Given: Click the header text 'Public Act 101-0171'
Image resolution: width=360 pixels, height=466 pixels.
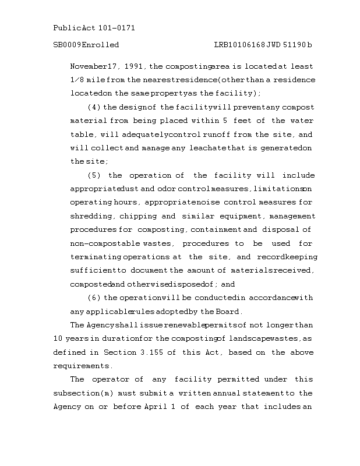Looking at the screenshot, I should point(94,28).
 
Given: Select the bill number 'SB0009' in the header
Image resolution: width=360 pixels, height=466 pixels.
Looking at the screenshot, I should point(66,45).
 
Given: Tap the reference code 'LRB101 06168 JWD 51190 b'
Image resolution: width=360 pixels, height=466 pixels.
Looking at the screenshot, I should point(263,45).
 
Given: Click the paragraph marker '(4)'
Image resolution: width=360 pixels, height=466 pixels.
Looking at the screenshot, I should point(94,107).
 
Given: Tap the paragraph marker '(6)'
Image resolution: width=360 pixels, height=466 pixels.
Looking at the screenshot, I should point(94,298).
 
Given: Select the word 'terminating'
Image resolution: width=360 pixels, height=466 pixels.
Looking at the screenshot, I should point(96,257).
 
